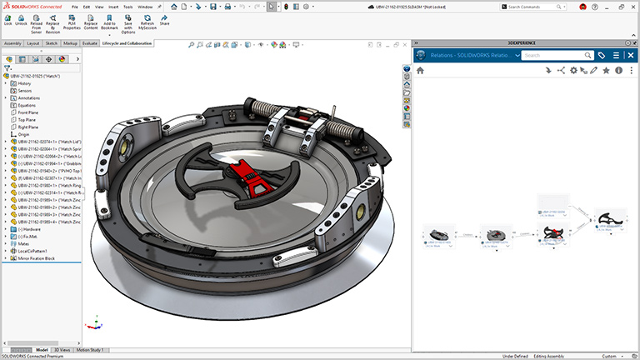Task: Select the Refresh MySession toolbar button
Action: [147, 20]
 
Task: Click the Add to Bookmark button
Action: [109, 20]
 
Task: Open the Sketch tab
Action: [51, 42]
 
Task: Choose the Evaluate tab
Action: [89, 42]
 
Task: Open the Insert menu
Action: [112, 7]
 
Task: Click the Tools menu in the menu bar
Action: [127, 7]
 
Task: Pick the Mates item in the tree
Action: [24, 243]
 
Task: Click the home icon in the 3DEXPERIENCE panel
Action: [420, 71]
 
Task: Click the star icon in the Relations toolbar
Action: [606, 71]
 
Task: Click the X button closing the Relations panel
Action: [630, 55]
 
